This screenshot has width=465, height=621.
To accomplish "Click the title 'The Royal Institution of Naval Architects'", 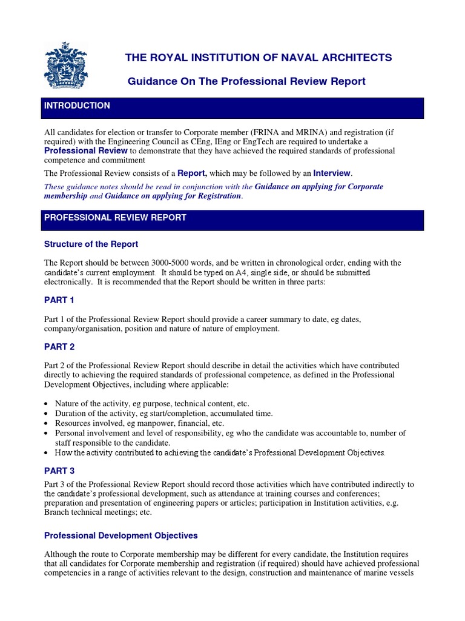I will point(259,58).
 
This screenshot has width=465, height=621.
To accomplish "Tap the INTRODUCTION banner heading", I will point(77,106).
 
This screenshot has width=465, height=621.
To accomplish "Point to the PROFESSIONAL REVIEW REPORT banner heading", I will point(115,218).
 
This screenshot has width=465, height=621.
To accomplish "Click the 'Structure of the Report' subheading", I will point(91,244).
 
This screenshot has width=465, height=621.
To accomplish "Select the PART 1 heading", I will point(59,300).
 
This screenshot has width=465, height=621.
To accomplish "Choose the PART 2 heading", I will point(59,347).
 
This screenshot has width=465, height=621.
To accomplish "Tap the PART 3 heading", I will point(59,470).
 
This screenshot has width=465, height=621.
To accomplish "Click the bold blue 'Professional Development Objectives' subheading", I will point(121,536).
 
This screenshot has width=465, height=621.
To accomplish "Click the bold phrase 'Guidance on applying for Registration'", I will point(173,196).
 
